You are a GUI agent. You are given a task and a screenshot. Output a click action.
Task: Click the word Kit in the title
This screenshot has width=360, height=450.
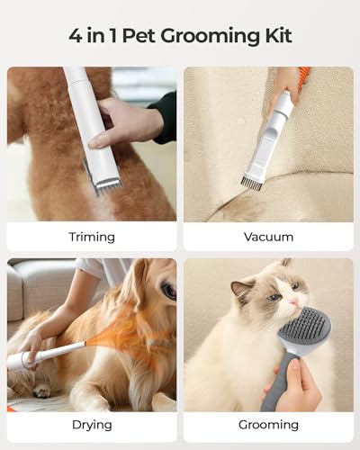(x=276, y=37)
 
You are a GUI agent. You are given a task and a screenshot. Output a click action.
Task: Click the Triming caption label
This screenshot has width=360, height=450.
(x=92, y=237)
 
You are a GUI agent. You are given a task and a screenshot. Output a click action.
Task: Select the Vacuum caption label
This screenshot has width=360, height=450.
(x=268, y=237)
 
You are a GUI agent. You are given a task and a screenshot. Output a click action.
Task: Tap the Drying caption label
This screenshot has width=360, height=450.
(x=92, y=425)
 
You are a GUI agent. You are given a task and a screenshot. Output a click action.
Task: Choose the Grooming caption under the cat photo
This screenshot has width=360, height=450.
(x=268, y=425)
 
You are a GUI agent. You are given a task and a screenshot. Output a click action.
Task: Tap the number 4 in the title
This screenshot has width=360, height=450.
(x=76, y=37)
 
